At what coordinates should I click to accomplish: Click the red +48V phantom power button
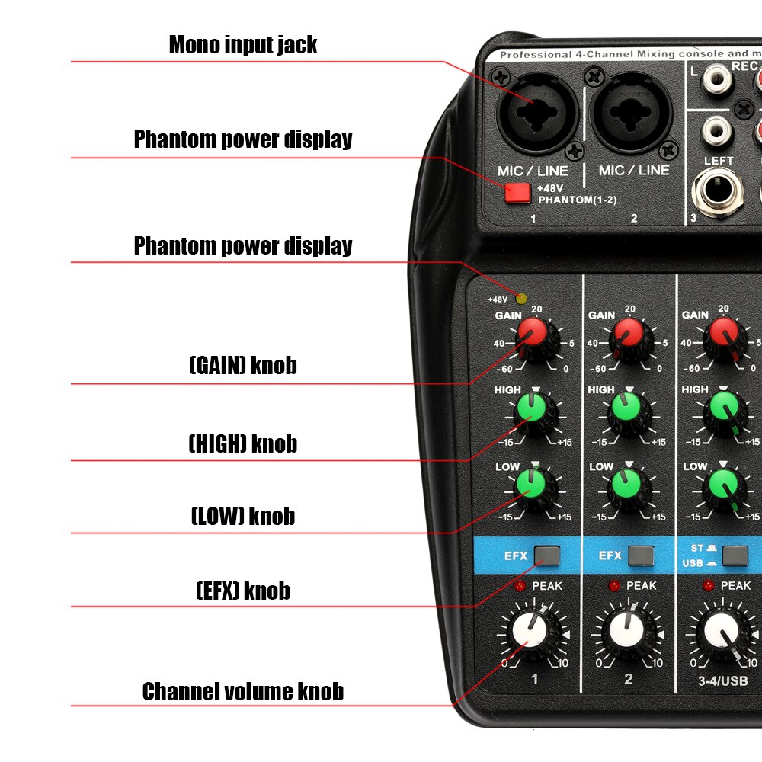click(517, 193)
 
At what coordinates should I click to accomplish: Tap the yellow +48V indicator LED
click(521, 298)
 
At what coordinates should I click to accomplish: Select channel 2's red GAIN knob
click(629, 332)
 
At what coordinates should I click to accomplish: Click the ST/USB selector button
click(735, 555)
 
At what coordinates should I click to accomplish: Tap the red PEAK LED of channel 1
click(520, 586)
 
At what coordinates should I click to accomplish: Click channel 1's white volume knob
click(531, 631)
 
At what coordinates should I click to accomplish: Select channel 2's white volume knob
click(629, 631)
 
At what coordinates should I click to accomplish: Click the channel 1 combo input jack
click(538, 114)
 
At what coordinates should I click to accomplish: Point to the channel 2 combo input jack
click(633, 114)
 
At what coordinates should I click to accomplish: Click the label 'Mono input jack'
click(243, 44)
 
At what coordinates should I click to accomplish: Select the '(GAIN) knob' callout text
click(243, 365)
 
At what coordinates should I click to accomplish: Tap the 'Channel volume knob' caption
click(243, 691)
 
